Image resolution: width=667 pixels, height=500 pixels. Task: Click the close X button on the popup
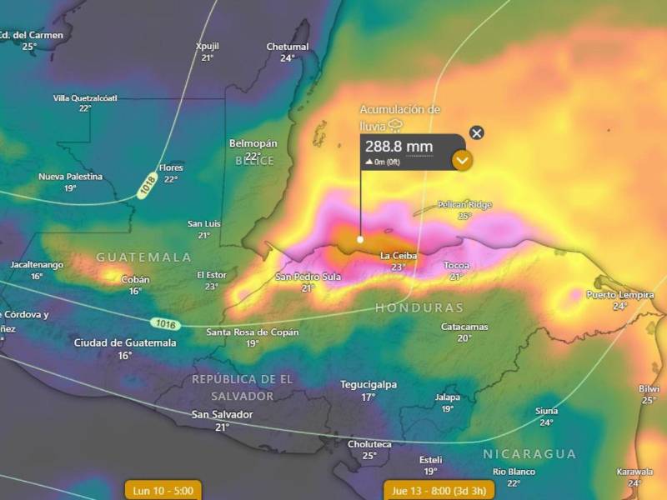[476, 132]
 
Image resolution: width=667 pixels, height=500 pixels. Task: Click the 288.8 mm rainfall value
[399, 147]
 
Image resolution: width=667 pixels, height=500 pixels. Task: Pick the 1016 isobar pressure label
[164, 322]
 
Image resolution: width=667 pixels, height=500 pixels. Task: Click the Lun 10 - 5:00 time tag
[163, 491]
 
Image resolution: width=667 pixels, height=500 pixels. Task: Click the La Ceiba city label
[398, 255]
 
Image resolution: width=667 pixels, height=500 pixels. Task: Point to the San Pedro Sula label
[308, 276]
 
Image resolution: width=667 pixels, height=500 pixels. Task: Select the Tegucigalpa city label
[368, 385]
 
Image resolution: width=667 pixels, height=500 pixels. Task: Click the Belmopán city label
[253, 143]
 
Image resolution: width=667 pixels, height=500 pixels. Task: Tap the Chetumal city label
[288, 47]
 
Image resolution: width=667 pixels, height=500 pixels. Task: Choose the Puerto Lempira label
[619, 295]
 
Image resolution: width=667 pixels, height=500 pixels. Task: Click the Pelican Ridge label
[464, 204]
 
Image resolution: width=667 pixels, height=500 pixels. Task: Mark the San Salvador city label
[222, 414]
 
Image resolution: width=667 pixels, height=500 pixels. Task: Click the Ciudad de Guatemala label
[125, 342]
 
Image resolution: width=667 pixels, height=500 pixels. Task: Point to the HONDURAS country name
[419, 307]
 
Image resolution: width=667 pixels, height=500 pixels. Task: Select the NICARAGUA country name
[529, 454]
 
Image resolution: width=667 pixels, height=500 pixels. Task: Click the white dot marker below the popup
[360, 239]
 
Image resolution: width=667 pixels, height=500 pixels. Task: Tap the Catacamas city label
[464, 327]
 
